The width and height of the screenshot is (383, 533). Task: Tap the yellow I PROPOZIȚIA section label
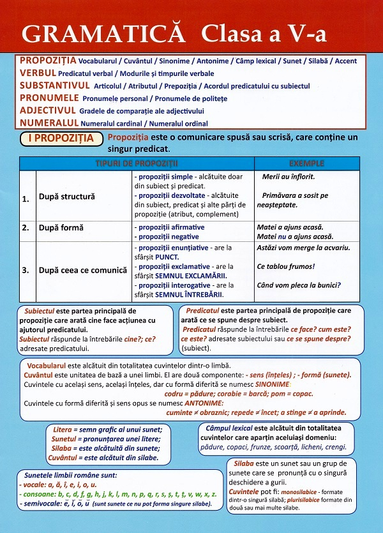[61, 138]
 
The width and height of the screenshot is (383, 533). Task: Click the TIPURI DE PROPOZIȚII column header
[137, 163]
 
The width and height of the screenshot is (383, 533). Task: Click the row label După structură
[66, 197]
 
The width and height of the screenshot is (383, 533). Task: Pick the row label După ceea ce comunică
[83, 270]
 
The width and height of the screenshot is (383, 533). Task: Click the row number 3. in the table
[26, 270]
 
